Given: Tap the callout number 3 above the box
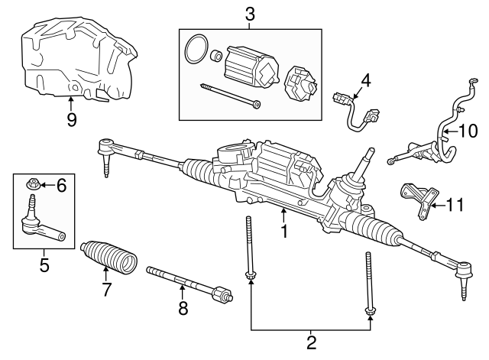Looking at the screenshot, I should point(249,13).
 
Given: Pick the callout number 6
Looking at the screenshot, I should point(62,184).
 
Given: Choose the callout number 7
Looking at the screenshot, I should point(106,290).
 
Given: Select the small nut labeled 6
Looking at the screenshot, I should point(33,184).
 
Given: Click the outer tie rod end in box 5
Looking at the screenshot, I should point(39,222).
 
